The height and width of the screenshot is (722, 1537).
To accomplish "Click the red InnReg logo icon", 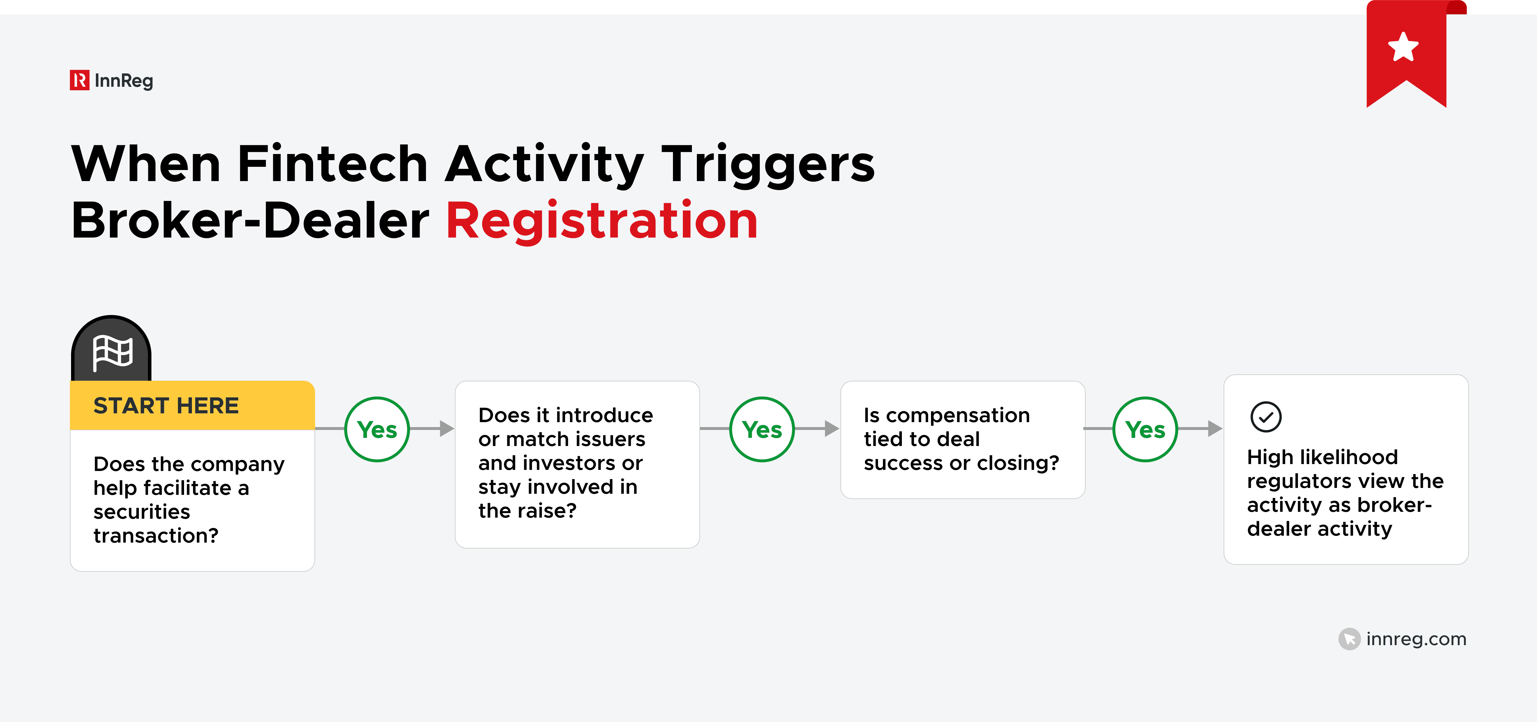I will click(x=79, y=80).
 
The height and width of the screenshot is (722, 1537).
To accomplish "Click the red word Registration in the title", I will click(x=601, y=221).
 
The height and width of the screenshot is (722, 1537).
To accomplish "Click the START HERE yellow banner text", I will click(x=166, y=406).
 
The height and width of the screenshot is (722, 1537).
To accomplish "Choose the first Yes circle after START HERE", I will click(x=377, y=429).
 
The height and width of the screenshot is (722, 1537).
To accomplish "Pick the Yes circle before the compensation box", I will click(x=762, y=429).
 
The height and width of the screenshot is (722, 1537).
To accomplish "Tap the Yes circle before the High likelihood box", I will click(x=1145, y=429).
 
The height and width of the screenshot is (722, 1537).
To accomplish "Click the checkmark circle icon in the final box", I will click(x=1266, y=417).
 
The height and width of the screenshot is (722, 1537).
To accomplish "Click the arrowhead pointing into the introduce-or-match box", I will click(x=446, y=429).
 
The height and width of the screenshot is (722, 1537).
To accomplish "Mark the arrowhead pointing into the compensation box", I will click(x=832, y=429).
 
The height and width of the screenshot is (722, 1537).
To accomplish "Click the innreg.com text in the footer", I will click(x=1416, y=639).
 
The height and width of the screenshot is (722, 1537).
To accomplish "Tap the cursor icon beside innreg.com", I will click(x=1349, y=639).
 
